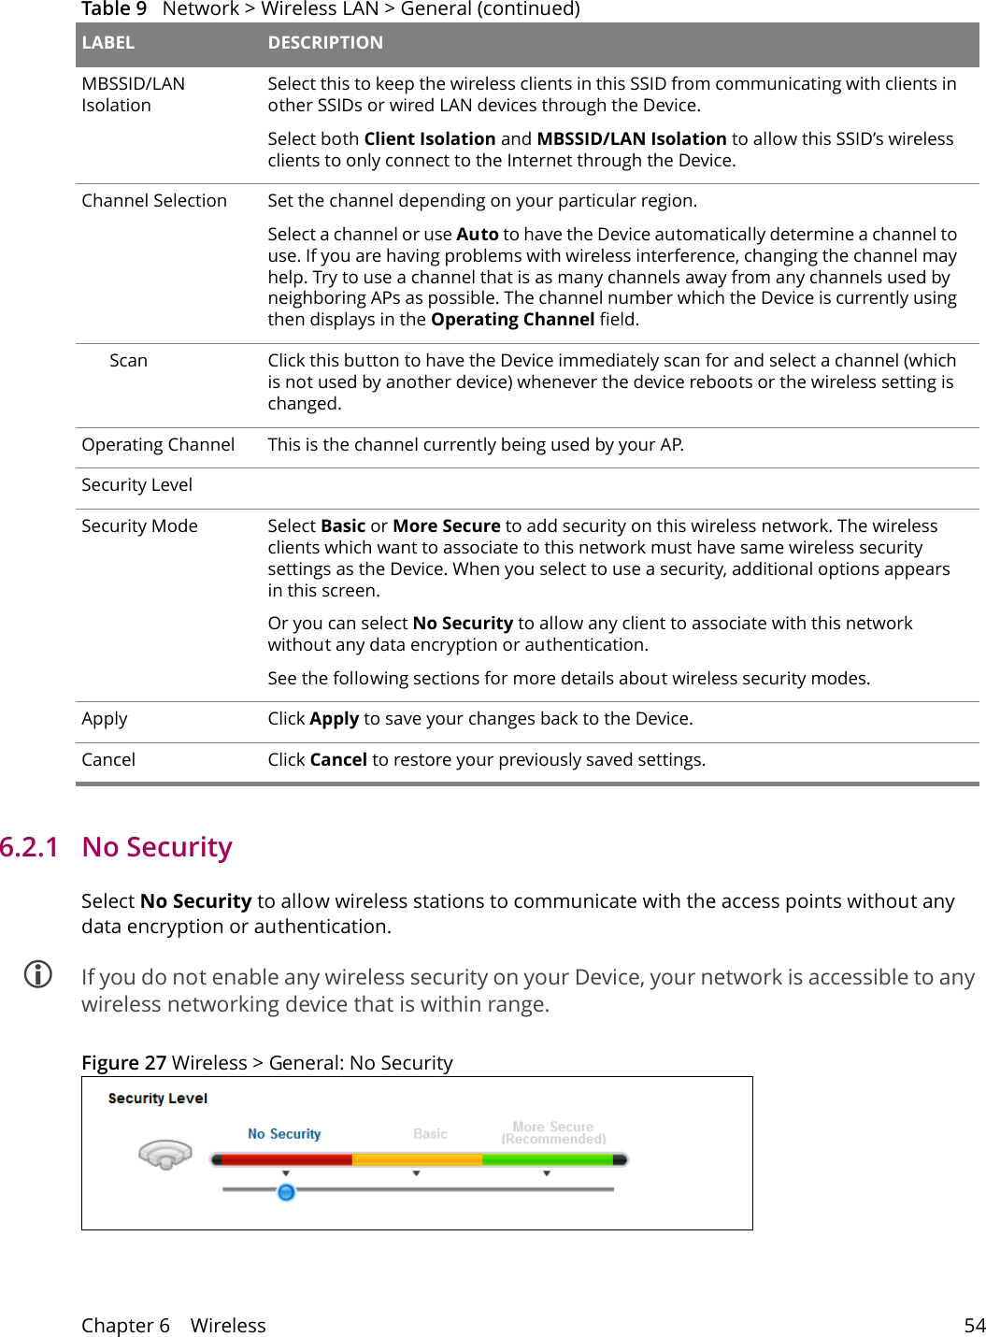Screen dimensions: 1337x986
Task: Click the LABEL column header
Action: (x=107, y=43)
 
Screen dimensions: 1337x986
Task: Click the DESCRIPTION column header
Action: (x=325, y=43)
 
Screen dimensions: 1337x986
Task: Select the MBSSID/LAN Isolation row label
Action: (x=133, y=94)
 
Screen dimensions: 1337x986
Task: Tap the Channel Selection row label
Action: (x=154, y=201)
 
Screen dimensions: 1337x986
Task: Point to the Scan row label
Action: (x=128, y=361)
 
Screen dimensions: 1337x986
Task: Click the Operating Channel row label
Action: (x=158, y=445)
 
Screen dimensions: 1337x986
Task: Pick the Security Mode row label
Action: (x=139, y=526)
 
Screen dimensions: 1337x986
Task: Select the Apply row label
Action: (x=105, y=719)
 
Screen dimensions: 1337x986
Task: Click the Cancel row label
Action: (x=108, y=760)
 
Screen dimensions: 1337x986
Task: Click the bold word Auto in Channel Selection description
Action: (x=477, y=235)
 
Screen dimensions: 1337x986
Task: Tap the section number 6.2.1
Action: (x=29, y=847)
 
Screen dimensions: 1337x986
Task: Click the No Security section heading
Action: (x=157, y=847)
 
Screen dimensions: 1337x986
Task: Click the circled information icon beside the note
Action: (x=38, y=974)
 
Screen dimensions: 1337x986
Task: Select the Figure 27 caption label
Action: (x=123, y=1063)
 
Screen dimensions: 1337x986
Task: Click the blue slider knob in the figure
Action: (x=286, y=1192)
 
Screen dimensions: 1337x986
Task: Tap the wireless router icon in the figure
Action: (x=165, y=1155)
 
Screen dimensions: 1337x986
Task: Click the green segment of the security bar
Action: (x=547, y=1159)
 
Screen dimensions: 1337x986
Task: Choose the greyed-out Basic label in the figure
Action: (x=430, y=1134)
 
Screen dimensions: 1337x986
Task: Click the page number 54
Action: (x=974, y=1326)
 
